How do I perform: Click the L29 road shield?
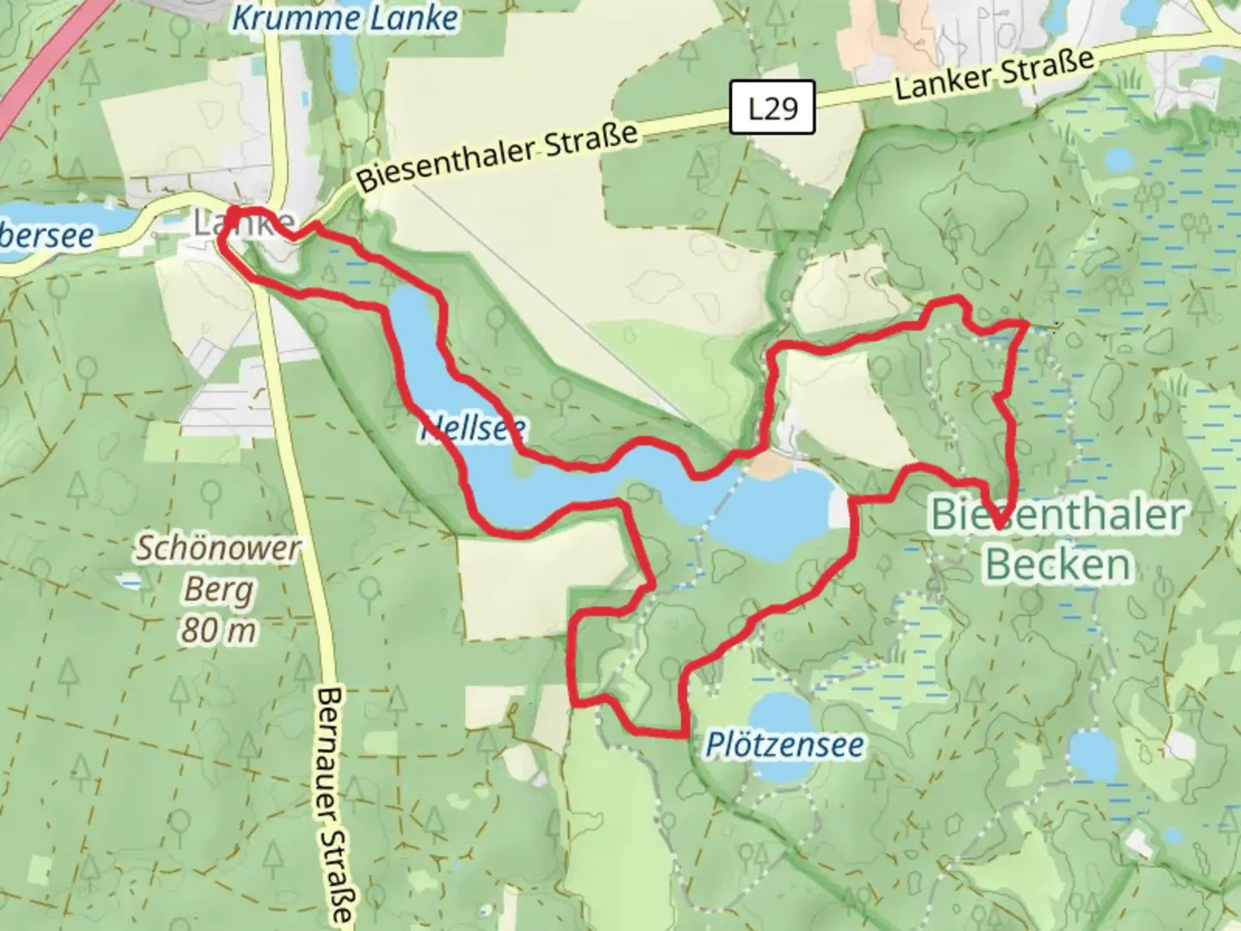[x=772, y=108]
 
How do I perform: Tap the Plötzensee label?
[x=784, y=744]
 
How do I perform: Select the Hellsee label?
[x=473, y=428]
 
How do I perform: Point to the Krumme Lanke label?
[x=345, y=19]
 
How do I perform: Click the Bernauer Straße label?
[x=334, y=805]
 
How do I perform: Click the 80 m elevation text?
[x=219, y=631]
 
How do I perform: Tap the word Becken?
[x=1057, y=565]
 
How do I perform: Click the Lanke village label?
[x=242, y=224]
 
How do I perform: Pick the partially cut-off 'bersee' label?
[x=47, y=234]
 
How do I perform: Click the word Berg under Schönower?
[x=219, y=590]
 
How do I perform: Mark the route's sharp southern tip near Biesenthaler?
[x=998, y=523]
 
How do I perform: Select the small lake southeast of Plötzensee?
[x=1093, y=756]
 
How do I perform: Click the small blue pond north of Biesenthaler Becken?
[x=1119, y=160]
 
